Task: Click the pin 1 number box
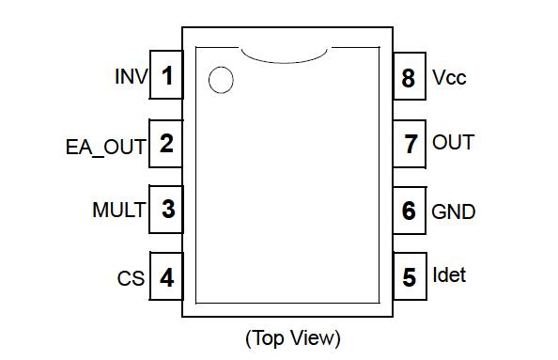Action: click(x=166, y=75)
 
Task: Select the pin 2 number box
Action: click(x=166, y=144)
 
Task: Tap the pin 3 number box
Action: click(x=166, y=209)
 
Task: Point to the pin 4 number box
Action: click(x=166, y=278)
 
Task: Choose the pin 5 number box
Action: click(x=409, y=278)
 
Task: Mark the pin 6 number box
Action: click(x=409, y=211)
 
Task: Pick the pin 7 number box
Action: click(x=409, y=144)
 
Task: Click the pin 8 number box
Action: click(x=409, y=77)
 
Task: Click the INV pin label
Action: click(x=131, y=76)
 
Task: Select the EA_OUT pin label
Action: click(x=105, y=147)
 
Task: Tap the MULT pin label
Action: click(x=118, y=210)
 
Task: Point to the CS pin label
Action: click(x=131, y=279)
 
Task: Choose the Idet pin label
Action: click(x=448, y=275)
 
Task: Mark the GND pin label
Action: click(x=453, y=211)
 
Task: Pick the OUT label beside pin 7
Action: click(x=453, y=143)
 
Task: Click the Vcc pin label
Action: click(x=449, y=77)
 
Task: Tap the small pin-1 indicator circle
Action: click(x=221, y=81)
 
